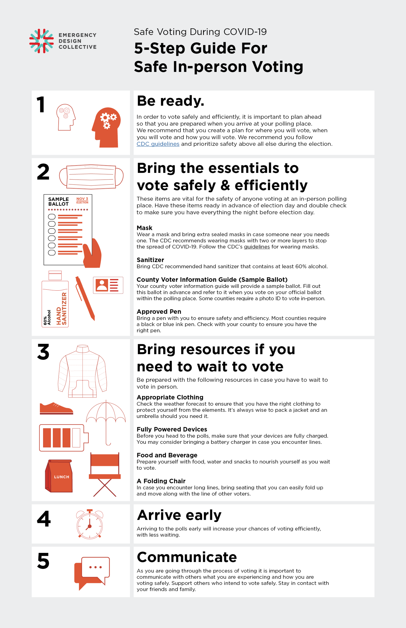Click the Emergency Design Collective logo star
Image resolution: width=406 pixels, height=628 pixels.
tap(41, 41)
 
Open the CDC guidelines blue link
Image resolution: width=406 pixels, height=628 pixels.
tap(158, 144)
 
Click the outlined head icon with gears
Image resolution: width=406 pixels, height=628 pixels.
tap(66, 117)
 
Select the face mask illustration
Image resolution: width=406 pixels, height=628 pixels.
tap(91, 177)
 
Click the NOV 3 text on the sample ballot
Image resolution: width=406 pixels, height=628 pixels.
tap(82, 199)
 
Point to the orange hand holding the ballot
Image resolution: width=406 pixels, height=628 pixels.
tap(92, 254)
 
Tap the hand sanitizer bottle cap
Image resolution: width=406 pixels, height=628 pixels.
tap(55, 275)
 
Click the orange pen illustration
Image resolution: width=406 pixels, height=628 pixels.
tap(85, 298)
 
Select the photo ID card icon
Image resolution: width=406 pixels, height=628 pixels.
tap(108, 285)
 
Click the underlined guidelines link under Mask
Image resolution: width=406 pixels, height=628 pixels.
tap(257, 247)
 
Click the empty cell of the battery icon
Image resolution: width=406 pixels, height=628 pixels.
tap(76, 438)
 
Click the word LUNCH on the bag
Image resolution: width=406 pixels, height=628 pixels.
tap(62, 477)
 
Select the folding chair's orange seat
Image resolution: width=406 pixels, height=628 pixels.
tap(105, 476)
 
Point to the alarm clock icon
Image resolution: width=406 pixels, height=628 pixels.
tap(90, 524)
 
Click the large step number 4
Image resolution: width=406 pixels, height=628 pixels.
tap(44, 518)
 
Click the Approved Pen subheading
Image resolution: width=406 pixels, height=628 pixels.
tap(159, 311)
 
